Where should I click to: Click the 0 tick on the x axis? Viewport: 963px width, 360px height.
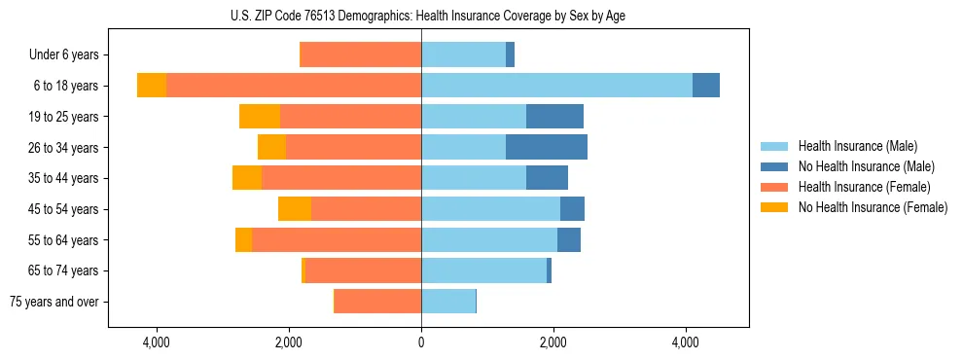421,342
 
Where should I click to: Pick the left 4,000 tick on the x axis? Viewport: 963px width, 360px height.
156,342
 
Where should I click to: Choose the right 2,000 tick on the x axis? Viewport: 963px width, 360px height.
553,342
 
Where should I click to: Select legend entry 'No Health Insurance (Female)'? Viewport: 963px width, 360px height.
872,207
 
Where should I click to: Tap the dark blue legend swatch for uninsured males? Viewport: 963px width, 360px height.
774,166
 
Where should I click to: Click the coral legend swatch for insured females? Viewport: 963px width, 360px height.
774,187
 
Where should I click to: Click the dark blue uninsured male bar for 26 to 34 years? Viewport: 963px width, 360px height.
546,147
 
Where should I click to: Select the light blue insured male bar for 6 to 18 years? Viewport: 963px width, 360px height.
556,86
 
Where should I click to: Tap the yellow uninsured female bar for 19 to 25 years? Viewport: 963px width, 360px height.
260,117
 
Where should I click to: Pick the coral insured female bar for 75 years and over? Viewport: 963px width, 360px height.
377,302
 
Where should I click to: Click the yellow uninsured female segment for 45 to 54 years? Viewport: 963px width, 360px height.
295,209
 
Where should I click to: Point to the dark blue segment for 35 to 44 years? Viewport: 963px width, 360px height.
547,178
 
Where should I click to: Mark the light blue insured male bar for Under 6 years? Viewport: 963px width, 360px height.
463,55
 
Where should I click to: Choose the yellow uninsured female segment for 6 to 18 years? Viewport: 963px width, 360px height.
152,86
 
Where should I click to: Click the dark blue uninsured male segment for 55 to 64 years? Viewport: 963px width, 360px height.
569,239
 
